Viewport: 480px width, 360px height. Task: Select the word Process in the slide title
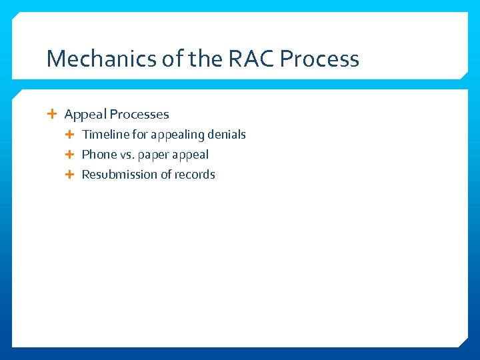click(319, 59)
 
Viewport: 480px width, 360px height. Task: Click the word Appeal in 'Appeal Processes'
click(85, 115)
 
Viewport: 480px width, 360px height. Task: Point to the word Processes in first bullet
click(139, 115)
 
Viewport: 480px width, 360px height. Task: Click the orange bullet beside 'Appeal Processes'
click(53, 114)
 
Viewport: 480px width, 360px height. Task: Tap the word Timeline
click(105, 135)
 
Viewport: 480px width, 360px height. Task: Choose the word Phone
click(99, 155)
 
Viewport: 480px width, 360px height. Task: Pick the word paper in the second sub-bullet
click(155, 155)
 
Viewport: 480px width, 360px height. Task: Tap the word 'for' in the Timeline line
click(140, 135)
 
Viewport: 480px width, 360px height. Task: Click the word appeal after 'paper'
click(191, 155)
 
